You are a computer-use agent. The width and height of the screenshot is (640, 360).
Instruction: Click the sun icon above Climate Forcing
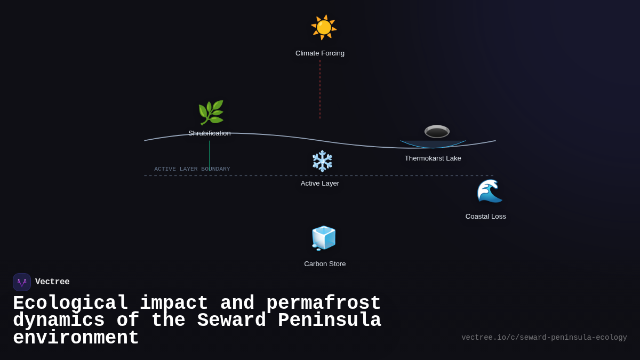[x=324, y=27]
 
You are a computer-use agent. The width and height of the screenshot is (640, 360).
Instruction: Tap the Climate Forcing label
[x=320, y=53]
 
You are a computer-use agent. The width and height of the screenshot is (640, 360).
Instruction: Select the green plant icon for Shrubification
[x=211, y=113]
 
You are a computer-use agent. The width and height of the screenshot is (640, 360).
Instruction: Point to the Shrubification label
[x=210, y=133]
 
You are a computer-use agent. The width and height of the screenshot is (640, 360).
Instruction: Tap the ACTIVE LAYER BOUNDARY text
[x=192, y=169]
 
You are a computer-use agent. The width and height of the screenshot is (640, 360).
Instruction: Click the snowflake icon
[x=322, y=161]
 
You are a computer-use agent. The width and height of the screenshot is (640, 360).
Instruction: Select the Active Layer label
[x=320, y=183]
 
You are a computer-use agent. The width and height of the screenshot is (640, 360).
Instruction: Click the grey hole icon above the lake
[x=437, y=131]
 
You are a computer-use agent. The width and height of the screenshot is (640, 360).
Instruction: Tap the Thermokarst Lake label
[x=433, y=158]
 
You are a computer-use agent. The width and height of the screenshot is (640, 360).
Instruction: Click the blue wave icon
[x=489, y=191]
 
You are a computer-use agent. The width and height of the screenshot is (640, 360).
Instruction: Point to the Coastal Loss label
[x=485, y=217]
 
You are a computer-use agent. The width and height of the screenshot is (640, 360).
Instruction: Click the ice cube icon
[x=324, y=238]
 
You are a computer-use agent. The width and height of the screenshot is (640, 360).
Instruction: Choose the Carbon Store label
[x=325, y=264]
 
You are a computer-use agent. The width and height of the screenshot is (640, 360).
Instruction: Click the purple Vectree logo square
[x=22, y=282]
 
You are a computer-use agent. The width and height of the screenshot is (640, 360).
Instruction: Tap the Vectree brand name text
[x=52, y=282]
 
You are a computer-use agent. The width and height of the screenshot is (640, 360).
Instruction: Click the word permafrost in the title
[x=323, y=303]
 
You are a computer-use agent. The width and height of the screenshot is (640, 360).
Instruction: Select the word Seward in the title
[x=231, y=321]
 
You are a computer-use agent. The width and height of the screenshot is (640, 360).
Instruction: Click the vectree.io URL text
[x=544, y=338]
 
